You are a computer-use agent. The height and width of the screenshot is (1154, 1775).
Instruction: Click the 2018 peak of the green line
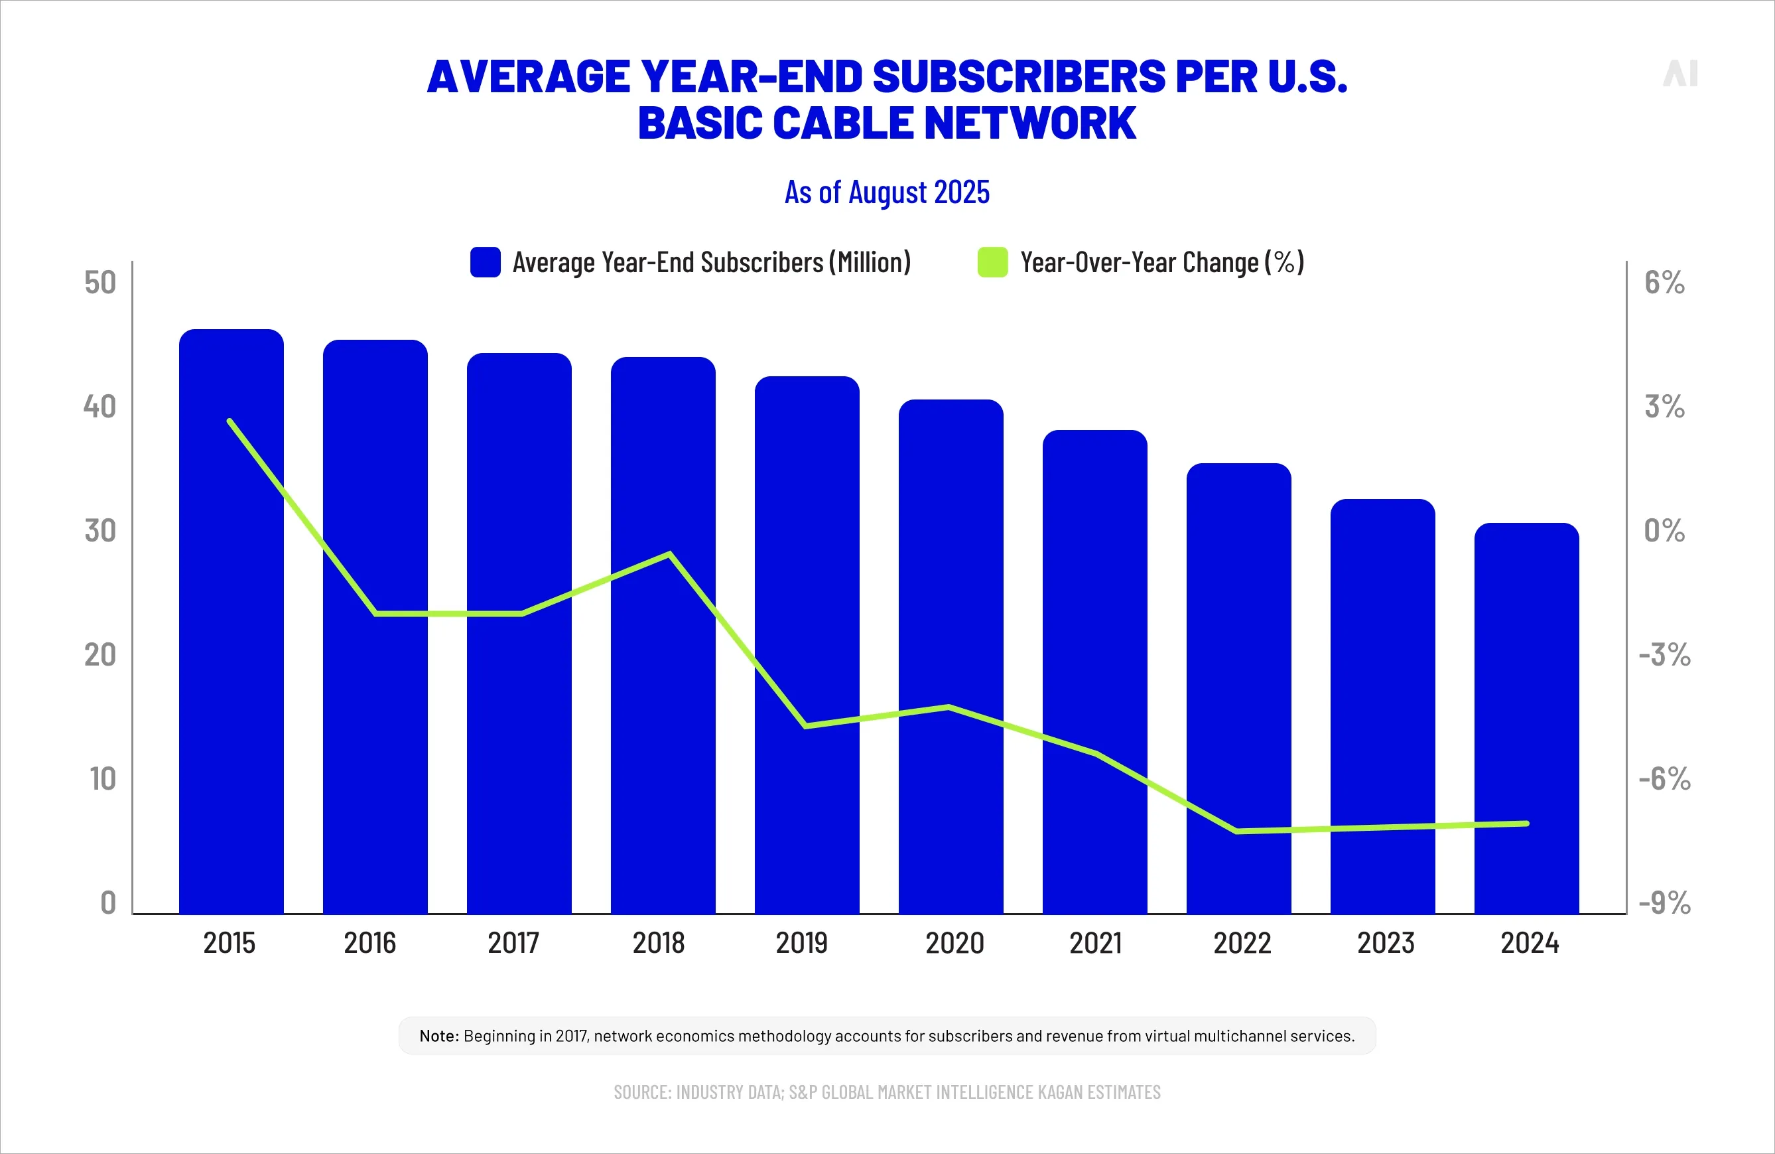click(670, 554)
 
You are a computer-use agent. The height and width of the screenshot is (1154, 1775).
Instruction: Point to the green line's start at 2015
click(230, 421)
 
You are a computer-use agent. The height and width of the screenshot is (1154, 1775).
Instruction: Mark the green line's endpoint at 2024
click(1527, 824)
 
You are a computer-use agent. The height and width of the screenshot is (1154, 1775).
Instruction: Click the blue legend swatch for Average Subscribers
click(486, 263)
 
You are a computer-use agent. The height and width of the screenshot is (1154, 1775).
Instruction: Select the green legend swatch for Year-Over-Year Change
click(993, 263)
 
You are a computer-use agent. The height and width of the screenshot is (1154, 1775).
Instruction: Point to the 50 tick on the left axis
click(100, 283)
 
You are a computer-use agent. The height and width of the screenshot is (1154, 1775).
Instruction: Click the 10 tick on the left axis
click(103, 779)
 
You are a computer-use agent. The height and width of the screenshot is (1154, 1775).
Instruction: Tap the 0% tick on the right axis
click(1664, 531)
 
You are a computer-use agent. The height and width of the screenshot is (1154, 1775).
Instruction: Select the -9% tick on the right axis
click(1664, 902)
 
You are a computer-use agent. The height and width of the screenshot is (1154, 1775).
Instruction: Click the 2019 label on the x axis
click(802, 943)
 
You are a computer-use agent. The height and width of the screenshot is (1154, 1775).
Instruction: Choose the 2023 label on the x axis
click(1385, 943)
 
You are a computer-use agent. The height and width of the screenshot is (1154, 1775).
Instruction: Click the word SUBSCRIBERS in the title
click(1018, 77)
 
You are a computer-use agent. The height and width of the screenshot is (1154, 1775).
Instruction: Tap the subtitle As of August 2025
click(887, 192)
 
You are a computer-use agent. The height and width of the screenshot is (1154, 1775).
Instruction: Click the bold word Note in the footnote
click(438, 1035)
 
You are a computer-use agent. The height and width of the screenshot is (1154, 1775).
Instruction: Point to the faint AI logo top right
click(1680, 73)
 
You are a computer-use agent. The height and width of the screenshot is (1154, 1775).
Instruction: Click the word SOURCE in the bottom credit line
click(641, 1092)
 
